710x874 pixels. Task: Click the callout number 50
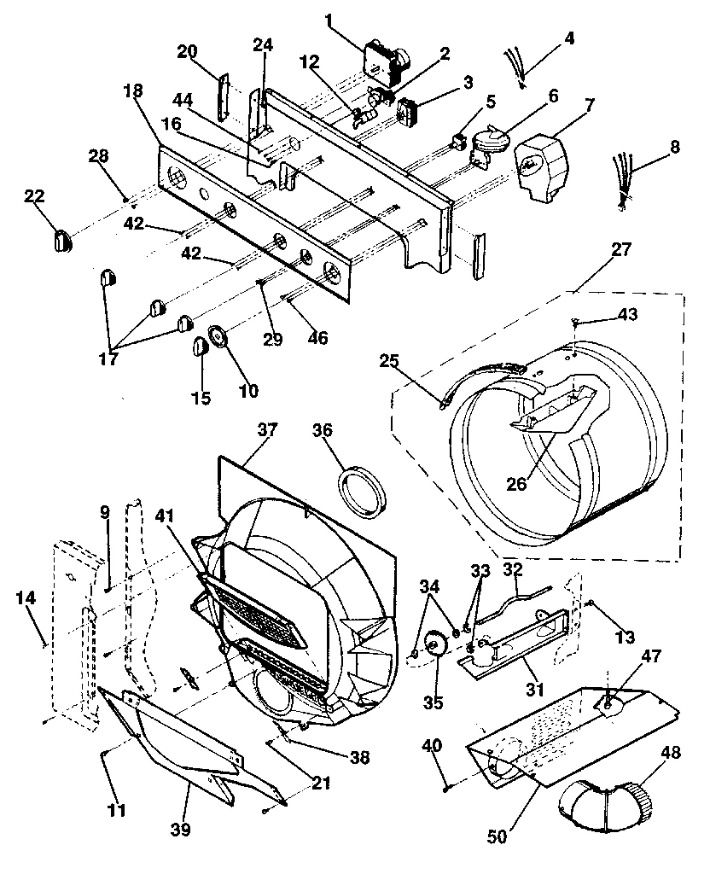pyautogui.click(x=496, y=836)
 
